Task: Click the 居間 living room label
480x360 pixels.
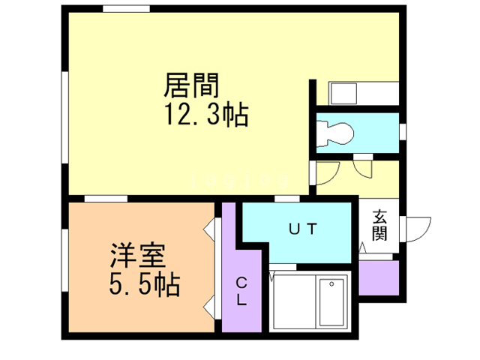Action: (x=185, y=85)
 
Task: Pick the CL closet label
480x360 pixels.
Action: (x=242, y=292)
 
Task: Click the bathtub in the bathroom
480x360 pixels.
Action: (x=331, y=301)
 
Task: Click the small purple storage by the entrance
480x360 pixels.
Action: (x=378, y=277)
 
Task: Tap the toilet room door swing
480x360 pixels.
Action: (x=362, y=166)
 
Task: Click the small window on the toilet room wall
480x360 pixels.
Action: (x=403, y=132)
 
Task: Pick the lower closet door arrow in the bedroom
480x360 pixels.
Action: (x=209, y=305)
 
